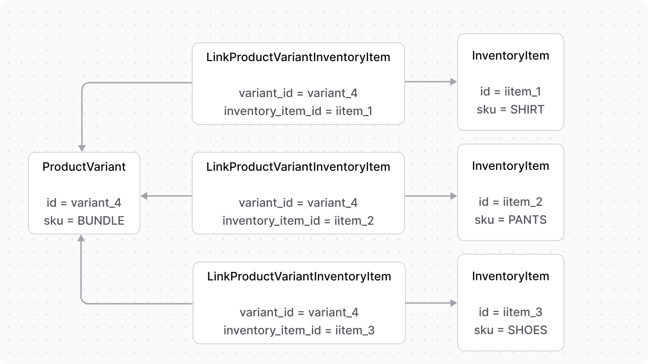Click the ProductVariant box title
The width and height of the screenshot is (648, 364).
point(84,167)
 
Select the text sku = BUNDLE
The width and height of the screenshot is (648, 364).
point(84,221)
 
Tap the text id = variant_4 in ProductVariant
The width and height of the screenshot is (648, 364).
point(84,203)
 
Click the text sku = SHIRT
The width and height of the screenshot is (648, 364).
point(510,110)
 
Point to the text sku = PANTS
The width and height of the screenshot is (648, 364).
point(510,220)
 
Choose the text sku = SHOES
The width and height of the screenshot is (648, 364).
point(510,330)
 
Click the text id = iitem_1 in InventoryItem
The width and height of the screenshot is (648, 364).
point(510,92)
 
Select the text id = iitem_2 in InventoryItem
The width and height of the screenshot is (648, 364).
point(510,202)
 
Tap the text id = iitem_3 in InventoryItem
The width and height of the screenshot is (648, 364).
point(510,312)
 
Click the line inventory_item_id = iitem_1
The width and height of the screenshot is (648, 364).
point(298,111)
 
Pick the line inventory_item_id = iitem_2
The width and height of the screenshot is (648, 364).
point(298,221)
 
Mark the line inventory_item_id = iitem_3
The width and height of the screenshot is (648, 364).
point(299,331)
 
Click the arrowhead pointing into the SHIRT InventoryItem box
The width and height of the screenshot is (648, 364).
point(454,82)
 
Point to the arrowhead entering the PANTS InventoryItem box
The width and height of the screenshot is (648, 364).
point(454,196)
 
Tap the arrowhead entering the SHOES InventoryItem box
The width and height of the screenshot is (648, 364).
point(454,303)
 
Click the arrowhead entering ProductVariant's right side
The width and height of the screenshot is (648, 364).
point(144,196)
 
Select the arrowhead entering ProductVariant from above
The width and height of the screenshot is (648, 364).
point(82,148)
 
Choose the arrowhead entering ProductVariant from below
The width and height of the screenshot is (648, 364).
point(81,238)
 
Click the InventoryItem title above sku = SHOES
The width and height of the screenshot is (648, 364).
point(510,276)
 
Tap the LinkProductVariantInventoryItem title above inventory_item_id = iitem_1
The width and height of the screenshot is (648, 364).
point(298,58)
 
